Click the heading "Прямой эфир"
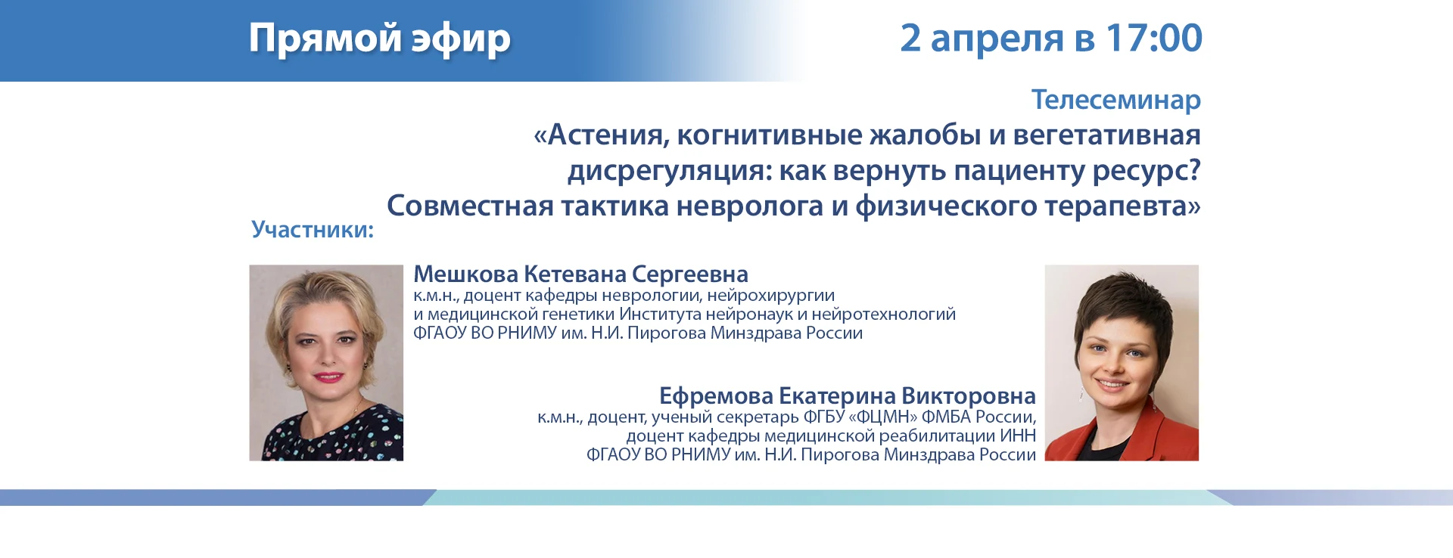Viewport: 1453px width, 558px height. (380, 39)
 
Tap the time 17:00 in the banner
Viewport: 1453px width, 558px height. (1153, 38)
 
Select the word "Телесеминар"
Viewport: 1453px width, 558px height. (1116, 101)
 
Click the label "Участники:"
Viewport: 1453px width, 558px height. (313, 229)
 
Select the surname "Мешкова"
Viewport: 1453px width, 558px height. (465, 274)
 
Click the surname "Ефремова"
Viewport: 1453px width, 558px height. (716, 396)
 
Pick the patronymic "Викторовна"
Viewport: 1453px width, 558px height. (969, 396)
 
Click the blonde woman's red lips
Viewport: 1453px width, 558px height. (328, 376)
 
